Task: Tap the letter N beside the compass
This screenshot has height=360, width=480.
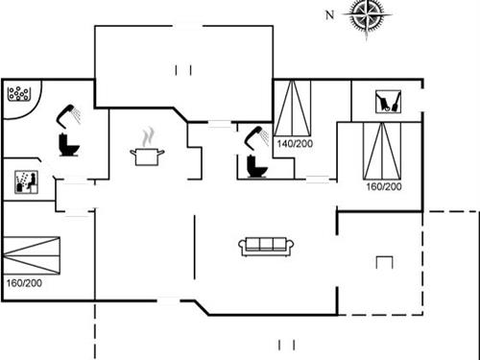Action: [329, 14]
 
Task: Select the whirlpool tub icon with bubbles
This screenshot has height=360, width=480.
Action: [20, 94]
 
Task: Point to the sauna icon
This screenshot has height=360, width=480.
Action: [23, 181]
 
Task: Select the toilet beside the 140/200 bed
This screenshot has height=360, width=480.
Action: [254, 165]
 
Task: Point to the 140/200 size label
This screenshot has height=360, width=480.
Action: [294, 143]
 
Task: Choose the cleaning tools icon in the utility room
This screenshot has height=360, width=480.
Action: [387, 101]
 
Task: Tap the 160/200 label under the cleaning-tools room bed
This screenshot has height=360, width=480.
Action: [383, 185]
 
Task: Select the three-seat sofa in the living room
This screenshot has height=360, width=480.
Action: [266, 246]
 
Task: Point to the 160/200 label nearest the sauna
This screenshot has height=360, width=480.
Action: [23, 282]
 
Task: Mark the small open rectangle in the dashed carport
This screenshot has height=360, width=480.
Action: [385, 262]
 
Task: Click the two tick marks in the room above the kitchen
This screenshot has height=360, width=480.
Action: [183, 68]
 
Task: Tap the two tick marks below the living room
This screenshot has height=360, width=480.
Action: [284, 345]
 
